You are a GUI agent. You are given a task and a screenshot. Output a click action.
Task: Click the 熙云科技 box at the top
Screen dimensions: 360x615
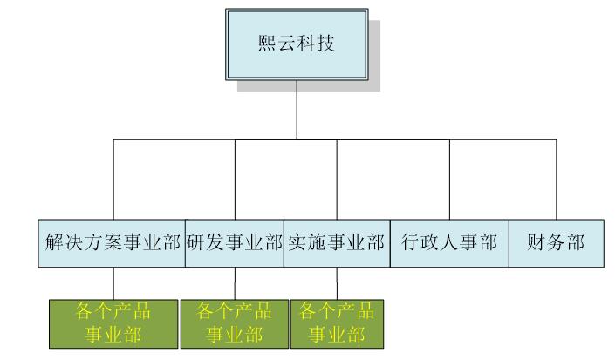tap(297, 44)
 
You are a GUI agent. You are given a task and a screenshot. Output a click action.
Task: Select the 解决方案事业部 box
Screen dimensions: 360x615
tap(113, 241)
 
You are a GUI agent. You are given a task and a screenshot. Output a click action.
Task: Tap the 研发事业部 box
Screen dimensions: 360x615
tap(235, 241)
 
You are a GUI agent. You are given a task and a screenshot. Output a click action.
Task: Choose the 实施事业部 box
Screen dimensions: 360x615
tap(337, 241)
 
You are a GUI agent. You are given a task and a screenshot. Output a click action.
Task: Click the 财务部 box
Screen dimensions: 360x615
tap(554, 241)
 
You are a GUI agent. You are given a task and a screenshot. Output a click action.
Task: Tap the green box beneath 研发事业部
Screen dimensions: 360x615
tap(235, 323)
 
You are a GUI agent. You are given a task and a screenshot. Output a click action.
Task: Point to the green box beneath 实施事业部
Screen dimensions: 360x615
tap(337, 323)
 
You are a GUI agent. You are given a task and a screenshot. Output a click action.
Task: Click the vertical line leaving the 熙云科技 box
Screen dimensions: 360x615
tap(297, 109)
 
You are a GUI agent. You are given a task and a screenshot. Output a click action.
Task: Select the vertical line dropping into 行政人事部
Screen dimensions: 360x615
tap(450, 179)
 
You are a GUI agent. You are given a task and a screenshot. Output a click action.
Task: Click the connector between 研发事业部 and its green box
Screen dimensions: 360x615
tap(235, 282)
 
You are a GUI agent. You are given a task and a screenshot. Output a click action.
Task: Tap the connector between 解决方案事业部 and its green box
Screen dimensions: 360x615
tap(114, 282)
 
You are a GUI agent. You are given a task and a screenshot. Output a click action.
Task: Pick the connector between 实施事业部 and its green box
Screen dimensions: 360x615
tap(337, 282)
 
